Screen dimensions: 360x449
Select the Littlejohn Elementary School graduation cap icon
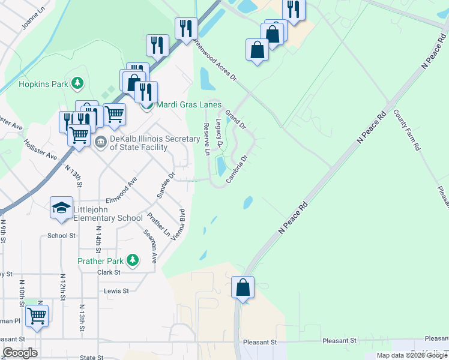tap(61, 208)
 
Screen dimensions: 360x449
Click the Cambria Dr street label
tap(238, 169)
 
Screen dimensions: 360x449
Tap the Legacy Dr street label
tap(219, 133)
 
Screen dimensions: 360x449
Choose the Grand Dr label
tap(235, 119)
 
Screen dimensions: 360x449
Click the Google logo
tap(20, 353)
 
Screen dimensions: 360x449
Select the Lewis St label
tap(116, 291)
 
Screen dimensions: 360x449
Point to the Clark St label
tap(109, 272)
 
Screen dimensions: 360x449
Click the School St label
tap(62, 236)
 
